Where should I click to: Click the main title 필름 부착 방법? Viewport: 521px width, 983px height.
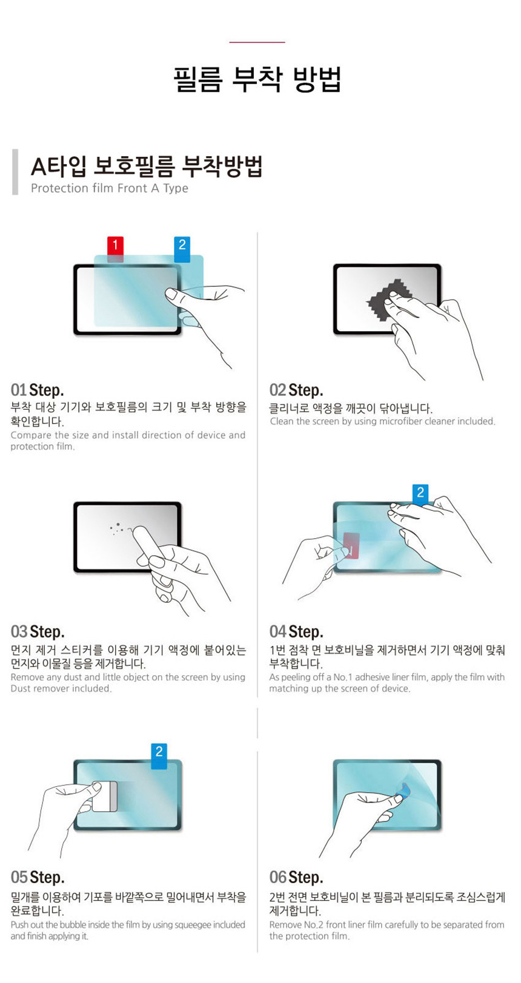tap(257, 79)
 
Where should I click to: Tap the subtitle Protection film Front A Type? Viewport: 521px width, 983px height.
tap(110, 188)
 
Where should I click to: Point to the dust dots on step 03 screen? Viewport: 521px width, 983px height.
tap(116, 528)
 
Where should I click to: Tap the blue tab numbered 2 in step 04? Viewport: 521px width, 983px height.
tap(420, 493)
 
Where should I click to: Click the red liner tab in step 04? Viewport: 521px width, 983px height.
tap(351, 545)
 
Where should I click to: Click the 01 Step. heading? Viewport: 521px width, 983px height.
tap(37, 390)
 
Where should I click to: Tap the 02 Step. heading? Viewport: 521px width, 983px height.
tap(296, 390)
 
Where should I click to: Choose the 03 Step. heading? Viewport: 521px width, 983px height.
tap(37, 632)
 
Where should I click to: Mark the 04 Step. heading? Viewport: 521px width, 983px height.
tap(296, 632)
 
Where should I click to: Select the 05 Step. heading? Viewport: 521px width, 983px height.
tap(37, 877)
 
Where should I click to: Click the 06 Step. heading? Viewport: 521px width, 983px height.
tap(296, 877)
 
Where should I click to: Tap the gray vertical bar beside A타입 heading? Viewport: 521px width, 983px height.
tap(15, 172)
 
